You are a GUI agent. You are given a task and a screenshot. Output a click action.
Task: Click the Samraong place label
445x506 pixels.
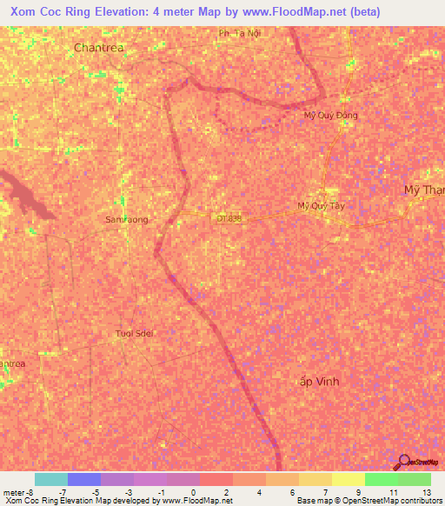pyautogui.click(x=127, y=220)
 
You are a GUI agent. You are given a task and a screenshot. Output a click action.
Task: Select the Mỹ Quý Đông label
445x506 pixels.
pyautogui.click(x=330, y=115)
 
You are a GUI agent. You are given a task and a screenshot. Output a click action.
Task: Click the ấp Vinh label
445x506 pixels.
pyautogui.click(x=319, y=382)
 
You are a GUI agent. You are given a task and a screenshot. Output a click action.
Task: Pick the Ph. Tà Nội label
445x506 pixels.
pyautogui.click(x=240, y=33)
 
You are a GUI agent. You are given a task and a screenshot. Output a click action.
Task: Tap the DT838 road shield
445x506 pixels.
pyautogui.click(x=229, y=219)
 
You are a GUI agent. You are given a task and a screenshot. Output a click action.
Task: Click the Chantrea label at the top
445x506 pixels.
pyautogui.click(x=98, y=47)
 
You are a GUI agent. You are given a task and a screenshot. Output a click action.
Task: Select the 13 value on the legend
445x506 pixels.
pyautogui.click(x=426, y=491)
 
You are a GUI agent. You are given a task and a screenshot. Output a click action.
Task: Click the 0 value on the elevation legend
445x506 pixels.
pyautogui.click(x=194, y=491)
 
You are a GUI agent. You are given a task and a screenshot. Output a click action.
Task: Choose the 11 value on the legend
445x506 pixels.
pyautogui.click(x=393, y=491)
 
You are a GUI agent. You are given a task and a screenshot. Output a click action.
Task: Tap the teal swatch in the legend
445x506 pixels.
pyautogui.click(x=51, y=479)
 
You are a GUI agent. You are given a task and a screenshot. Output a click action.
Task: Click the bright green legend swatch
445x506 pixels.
pyautogui.click(x=381, y=479)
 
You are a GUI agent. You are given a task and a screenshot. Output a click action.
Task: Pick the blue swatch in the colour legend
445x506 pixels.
pyautogui.click(x=84, y=479)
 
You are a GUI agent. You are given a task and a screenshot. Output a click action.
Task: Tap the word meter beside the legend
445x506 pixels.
pyautogui.click(x=12, y=491)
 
